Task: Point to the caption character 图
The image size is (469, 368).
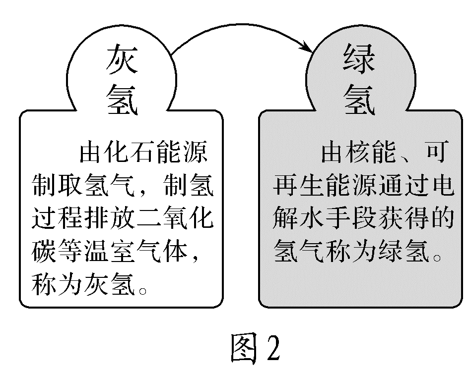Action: (246, 347)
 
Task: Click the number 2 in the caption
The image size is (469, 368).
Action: (272, 347)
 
